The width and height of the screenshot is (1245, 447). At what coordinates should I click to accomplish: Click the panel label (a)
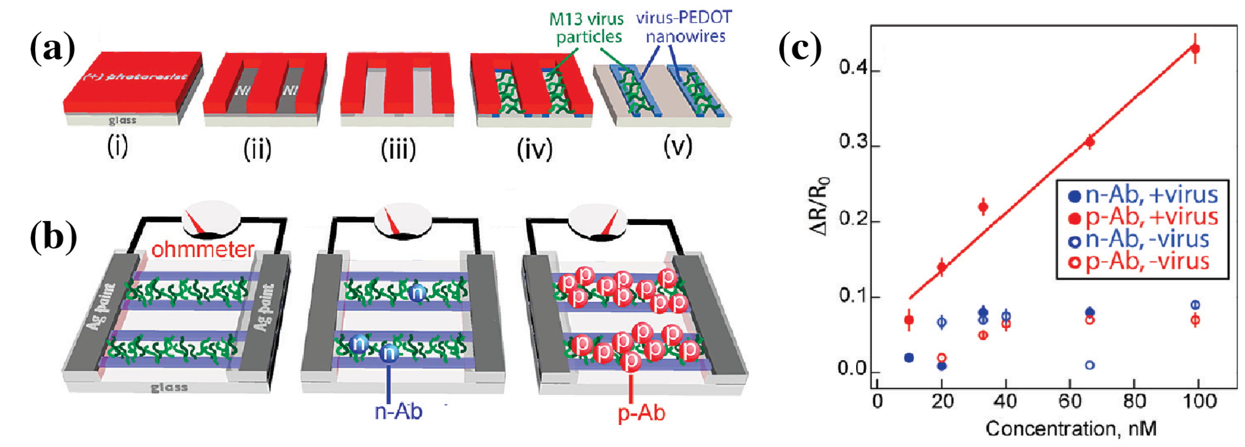point(52,49)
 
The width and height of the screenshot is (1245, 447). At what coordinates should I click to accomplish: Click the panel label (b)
point(53,237)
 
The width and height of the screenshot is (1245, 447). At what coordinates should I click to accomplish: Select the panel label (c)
point(800,49)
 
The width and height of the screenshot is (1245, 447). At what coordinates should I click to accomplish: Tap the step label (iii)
point(398,149)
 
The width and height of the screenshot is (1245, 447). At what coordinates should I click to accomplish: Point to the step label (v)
point(678,146)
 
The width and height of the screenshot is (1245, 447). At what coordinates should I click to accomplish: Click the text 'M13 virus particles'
point(587,28)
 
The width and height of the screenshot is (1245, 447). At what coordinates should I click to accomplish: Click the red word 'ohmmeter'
point(202,250)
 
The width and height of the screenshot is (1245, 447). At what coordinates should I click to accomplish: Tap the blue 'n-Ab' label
point(398,411)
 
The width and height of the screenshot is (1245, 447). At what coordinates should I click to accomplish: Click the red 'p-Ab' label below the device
point(641,413)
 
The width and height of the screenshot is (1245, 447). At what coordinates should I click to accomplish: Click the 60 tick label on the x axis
point(1070,401)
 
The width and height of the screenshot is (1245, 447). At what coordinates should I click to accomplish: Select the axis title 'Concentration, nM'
point(1070,429)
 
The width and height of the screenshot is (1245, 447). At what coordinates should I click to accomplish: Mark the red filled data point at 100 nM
point(1195,48)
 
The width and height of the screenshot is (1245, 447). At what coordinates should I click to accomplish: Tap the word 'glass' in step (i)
point(122,120)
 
